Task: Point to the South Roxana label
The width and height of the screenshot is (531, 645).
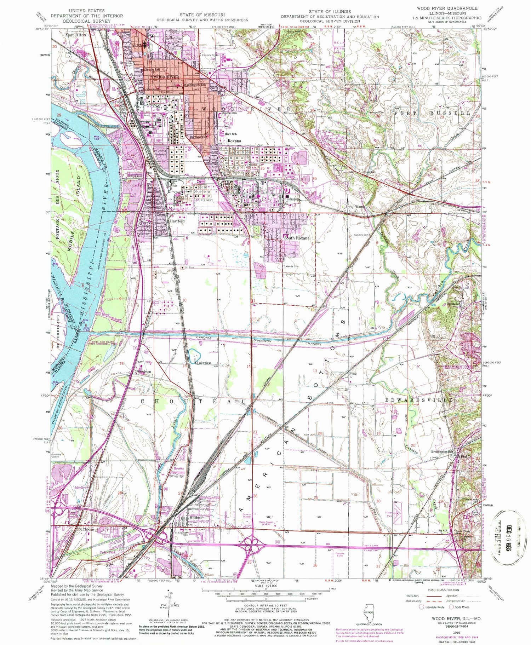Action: point(297,238)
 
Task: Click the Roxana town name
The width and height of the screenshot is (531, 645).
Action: point(234,141)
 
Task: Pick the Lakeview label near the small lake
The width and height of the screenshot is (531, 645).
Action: point(204,363)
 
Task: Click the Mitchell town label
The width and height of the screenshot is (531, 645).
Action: point(196,518)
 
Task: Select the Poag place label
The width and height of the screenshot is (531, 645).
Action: point(353,373)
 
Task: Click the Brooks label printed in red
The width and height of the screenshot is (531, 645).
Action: point(179,468)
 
